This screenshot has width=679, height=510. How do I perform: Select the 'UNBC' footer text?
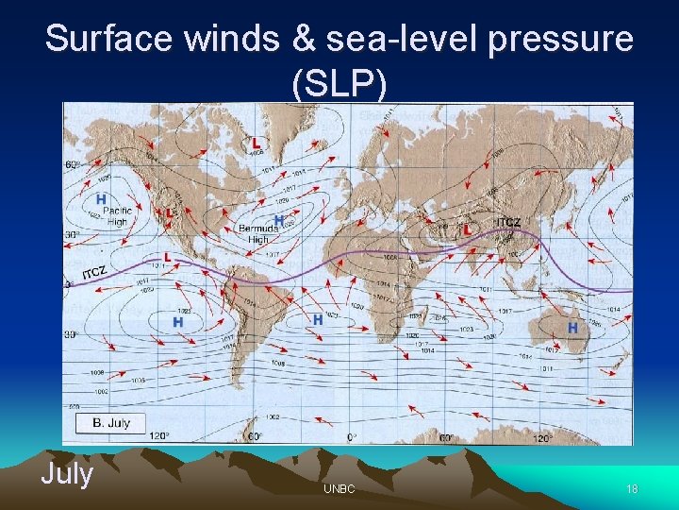339,488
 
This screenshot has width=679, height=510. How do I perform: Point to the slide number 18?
632,488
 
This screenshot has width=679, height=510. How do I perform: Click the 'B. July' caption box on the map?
111,422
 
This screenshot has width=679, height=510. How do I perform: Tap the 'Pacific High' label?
117,216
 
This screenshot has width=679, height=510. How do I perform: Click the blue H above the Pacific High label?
100,199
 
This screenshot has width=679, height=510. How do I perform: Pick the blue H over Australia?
572,327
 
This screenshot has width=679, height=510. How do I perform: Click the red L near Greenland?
257,143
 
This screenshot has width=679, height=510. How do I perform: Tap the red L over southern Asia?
467,229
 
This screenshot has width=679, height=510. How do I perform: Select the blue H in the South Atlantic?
318,320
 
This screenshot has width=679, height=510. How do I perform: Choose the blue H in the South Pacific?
177,322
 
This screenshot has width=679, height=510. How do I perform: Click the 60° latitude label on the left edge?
72,163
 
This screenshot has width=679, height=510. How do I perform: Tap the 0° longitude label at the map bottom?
352,437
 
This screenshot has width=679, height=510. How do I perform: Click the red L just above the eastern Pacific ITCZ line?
167,256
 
